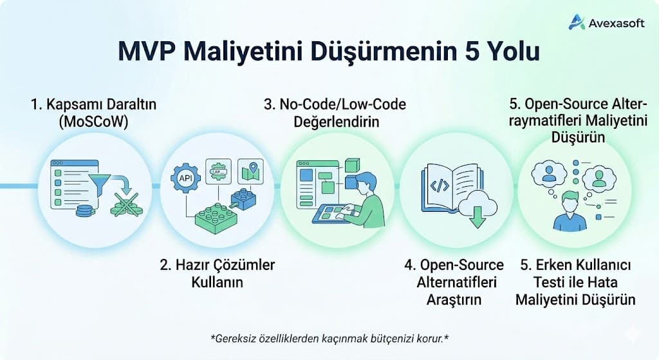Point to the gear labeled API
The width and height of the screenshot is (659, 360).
183,177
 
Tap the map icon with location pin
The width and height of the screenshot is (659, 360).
251,171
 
